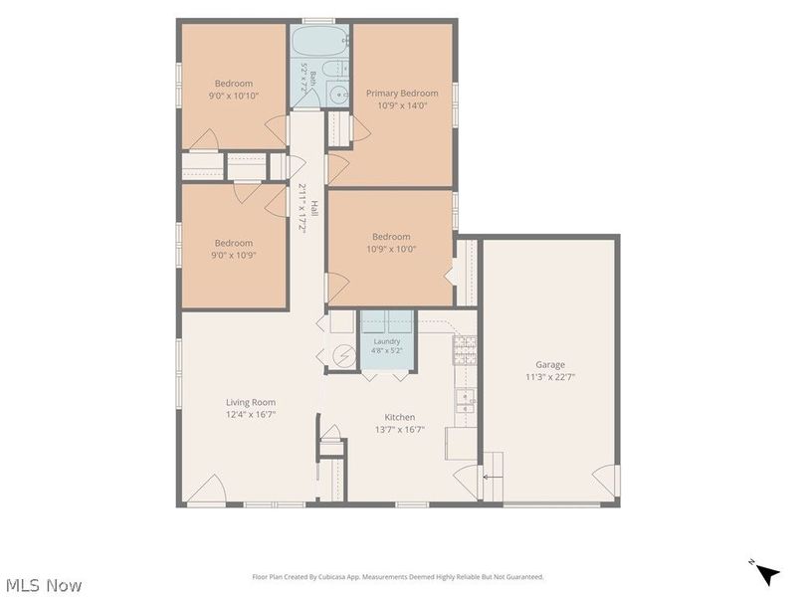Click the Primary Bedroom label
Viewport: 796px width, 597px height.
point(402,94)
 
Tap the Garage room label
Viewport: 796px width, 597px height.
point(550,364)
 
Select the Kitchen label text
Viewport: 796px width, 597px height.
point(400,417)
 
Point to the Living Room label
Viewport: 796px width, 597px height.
point(251,403)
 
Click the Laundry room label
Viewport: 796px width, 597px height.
point(387,341)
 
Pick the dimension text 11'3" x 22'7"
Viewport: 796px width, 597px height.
point(550,377)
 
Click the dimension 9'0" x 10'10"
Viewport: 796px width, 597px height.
point(234,96)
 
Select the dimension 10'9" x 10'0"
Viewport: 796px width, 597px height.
point(391,250)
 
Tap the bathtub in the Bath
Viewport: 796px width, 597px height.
point(319,40)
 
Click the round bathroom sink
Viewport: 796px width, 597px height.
point(337,94)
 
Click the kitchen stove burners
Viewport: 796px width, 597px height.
point(465,350)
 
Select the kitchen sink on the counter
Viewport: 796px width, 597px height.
point(465,401)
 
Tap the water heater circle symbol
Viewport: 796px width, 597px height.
point(344,356)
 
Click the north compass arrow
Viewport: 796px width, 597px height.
point(767,575)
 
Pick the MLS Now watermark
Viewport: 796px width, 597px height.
point(44,585)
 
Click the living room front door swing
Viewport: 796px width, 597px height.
point(207,489)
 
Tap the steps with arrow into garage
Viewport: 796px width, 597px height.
point(493,477)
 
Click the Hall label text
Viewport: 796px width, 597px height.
point(314,208)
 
